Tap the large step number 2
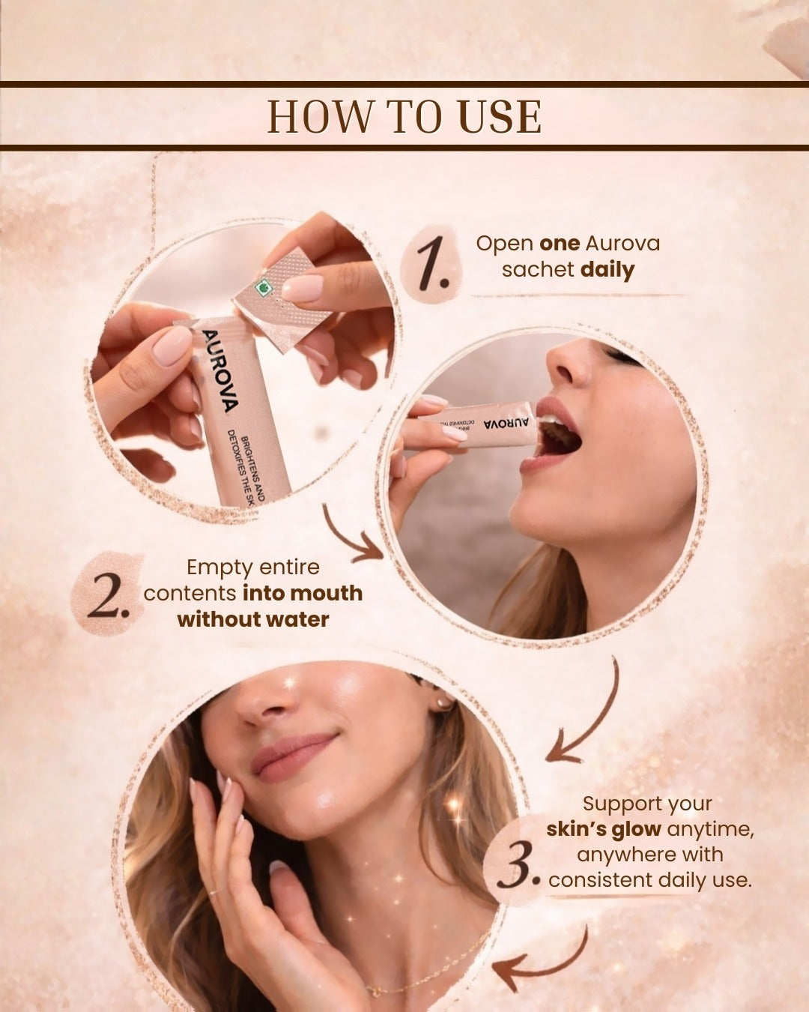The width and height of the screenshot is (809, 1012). (108, 598)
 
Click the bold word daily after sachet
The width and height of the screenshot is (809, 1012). (607, 271)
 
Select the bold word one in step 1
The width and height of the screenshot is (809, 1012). (560, 244)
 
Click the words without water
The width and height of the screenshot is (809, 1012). (253, 619)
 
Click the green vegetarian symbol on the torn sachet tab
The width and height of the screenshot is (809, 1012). (260, 288)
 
